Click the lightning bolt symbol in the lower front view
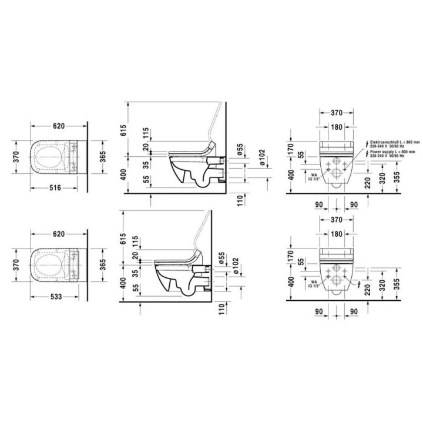click(359, 285)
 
